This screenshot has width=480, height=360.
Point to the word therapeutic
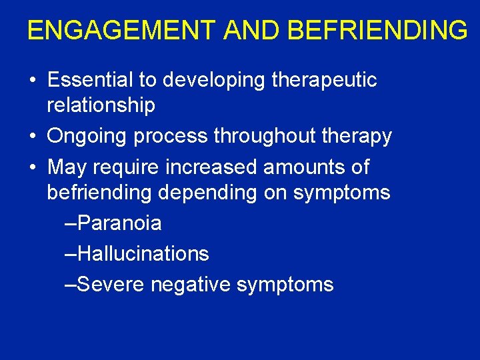[325, 81]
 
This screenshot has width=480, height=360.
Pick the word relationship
[101, 105]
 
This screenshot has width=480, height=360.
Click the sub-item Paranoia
[119, 223]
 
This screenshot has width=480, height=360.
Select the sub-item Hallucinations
[143, 254]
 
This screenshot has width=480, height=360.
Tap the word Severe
[111, 285]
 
